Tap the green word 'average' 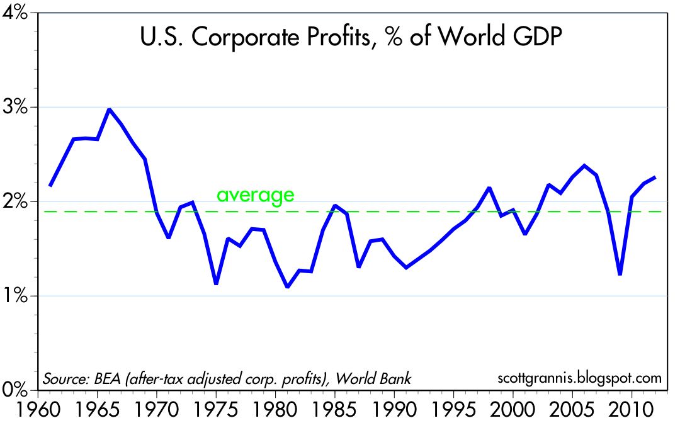pyautogui.click(x=255, y=195)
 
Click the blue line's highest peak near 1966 pyautogui.click(x=110, y=110)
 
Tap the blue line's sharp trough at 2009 pyautogui.click(x=620, y=274)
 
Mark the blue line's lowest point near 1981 pyautogui.click(x=288, y=287)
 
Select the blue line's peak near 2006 pyautogui.click(x=584, y=166)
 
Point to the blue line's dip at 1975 pyautogui.click(x=216, y=284)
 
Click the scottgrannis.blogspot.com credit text pyautogui.click(x=579, y=378)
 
